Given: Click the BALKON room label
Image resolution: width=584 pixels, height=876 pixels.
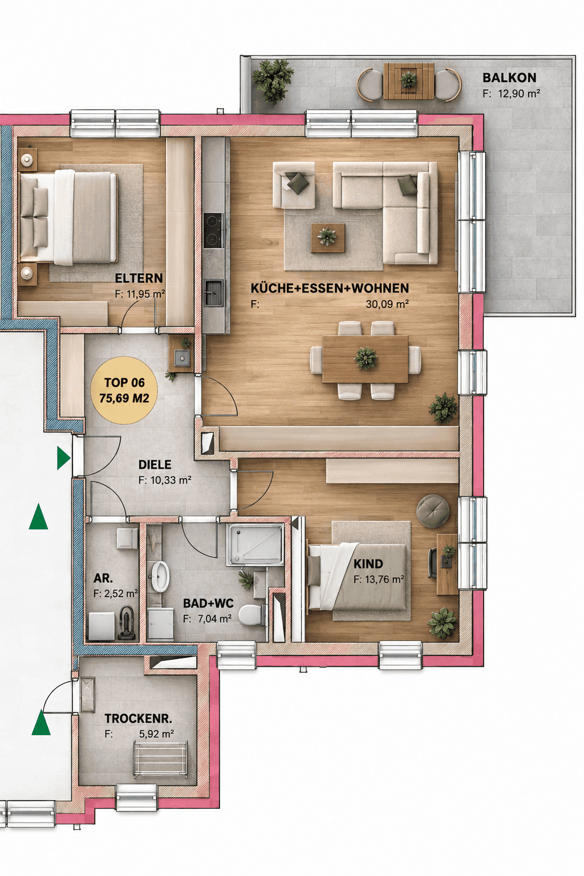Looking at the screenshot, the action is [509, 78].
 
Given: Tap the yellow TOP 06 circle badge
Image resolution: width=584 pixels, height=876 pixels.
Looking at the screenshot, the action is [124, 390].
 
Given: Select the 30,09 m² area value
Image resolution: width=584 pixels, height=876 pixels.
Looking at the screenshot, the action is [387, 304].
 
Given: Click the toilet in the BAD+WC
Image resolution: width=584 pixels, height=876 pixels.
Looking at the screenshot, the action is [252, 615].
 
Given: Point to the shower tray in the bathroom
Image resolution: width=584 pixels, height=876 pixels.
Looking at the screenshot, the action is [257, 544].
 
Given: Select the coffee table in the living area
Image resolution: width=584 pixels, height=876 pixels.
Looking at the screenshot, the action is [328, 238].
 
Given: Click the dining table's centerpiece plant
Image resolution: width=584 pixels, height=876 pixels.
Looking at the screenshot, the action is [366, 358].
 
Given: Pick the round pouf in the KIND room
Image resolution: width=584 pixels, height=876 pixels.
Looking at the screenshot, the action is [433, 511].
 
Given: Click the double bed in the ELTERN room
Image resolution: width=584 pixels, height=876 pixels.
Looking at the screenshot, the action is [69, 217].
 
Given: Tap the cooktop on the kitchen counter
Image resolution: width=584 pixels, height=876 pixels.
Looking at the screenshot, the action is [213, 231].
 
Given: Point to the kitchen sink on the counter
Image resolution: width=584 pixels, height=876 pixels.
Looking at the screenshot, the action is [213, 293].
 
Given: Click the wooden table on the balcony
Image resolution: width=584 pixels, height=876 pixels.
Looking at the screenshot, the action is [409, 81].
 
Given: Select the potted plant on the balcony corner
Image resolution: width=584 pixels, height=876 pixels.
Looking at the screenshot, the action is [273, 81].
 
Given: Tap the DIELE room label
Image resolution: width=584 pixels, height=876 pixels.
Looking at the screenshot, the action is [155, 465].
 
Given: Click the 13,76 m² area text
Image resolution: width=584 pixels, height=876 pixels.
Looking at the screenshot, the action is [379, 579].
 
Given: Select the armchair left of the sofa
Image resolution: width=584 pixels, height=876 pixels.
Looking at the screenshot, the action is [294, 185].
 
